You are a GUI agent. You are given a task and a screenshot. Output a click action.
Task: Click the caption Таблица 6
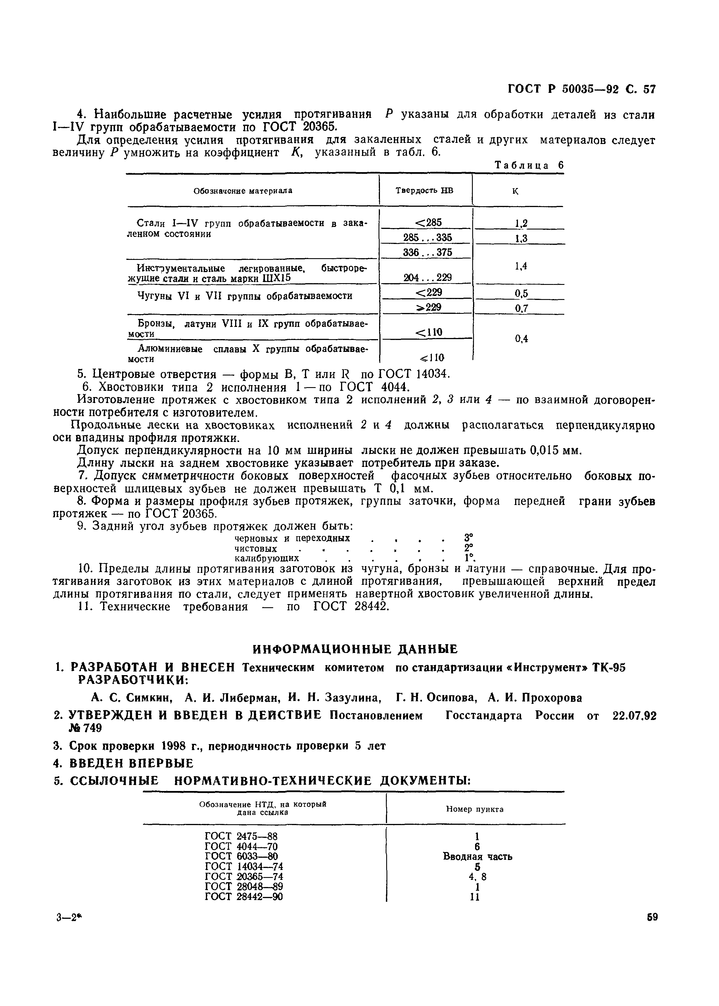point(529,165)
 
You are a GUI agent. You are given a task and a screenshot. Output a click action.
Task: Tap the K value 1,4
point(521,266)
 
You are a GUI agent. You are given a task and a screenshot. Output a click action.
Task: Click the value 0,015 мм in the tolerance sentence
point(555,451)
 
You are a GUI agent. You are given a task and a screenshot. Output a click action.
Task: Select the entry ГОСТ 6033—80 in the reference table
point(241,856)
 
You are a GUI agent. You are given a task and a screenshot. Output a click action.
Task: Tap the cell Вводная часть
point(477,856)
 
